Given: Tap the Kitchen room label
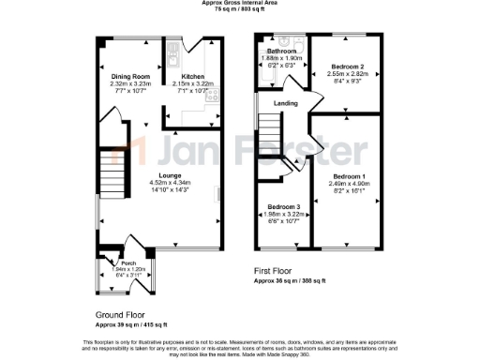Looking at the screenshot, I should click(193, 76).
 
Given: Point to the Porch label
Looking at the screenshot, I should click(117, 262).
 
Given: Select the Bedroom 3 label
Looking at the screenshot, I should click(282, 206).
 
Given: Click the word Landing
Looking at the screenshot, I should click(285, 103).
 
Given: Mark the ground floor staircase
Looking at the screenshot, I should click(112, 174).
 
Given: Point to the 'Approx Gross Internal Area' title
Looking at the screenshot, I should click(239, 4).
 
